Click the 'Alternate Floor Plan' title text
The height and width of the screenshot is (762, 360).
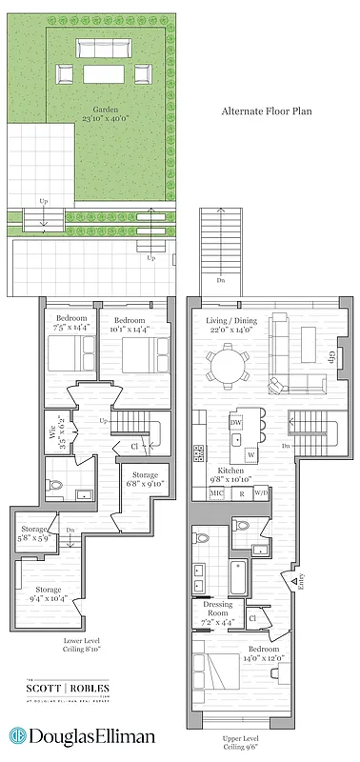tap(267, 111)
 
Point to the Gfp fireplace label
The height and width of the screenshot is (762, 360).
tap(332, 360)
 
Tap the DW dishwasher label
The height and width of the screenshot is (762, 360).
tap(235, 422)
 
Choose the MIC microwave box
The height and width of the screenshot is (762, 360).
tap(218, 493)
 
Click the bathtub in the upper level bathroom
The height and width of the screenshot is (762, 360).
tap(238, 575)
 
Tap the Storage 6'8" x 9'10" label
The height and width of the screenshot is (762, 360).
tap(145, 479)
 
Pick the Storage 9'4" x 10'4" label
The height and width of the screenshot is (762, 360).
tap(49, 594)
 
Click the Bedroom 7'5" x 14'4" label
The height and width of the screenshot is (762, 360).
tap(70, 323)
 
